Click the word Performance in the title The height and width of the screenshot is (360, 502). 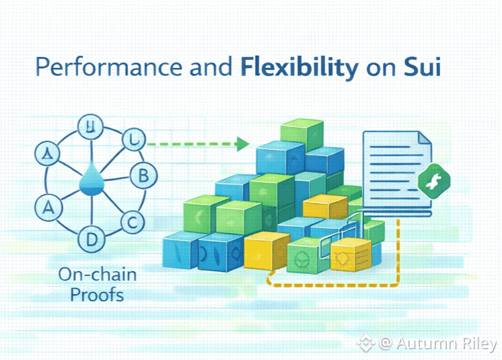click(x=85, y=69)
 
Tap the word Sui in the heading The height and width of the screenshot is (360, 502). click(x=422, y=69)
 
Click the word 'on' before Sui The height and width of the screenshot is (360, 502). click(x=384, y=69)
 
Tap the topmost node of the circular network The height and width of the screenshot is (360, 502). click(x=88, y=126)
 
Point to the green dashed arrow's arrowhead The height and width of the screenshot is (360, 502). click(x=243, y=143)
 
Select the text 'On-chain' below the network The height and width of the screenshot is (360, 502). click(x=88, y=275)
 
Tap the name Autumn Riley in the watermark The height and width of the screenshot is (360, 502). click(x=446, y=344)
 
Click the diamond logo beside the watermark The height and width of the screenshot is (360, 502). click(x=365, y=344)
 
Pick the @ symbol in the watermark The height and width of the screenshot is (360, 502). click(x=385, y=344)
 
